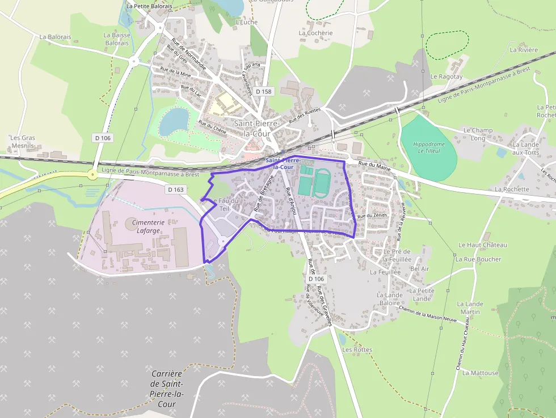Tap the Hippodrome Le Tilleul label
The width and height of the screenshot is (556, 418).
(x=428, y=147)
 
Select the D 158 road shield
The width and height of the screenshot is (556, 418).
(x=264, y=91)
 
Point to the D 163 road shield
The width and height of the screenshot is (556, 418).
(x=176, y=189)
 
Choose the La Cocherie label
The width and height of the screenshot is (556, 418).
(x=315, y=33)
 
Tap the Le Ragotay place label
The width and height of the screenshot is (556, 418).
(x=447, y=77)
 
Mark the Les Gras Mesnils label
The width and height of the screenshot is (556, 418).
(x=23, y=142)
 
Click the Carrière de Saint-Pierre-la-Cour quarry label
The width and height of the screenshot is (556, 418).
(x=167, y=389)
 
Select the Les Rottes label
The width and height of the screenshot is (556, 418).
(x=357, y=349)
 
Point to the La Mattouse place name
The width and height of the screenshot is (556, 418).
(x=480, y=373)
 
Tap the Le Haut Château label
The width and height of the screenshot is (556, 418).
(x=482, y=245)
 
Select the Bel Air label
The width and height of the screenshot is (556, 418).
(x=419, y=269)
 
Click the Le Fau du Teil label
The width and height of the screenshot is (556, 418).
(x=226, y=204)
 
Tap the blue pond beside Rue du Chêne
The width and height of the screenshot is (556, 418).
(x=174, y=121)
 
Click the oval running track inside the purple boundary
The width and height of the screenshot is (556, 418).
(x=322, y=183)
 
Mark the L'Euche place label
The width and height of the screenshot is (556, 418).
(x=246, y=23)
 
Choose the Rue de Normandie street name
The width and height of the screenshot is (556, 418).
(x=189, y=54)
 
